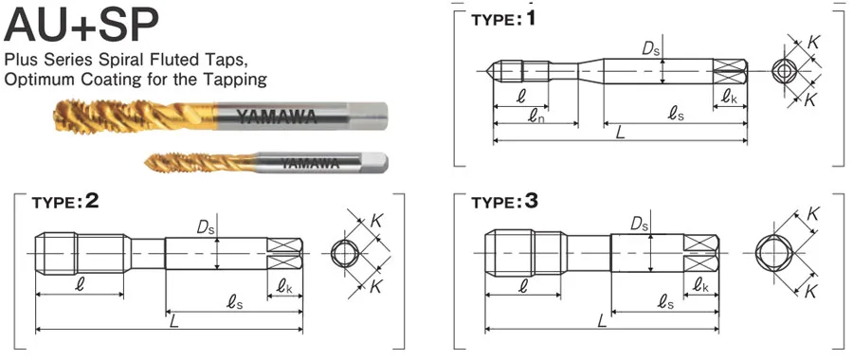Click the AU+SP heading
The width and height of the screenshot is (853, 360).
click(81, 27)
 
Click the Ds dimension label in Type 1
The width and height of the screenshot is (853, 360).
click(649, 48)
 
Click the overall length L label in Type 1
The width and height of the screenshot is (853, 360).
click(620, 134)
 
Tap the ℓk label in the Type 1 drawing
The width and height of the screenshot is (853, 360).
click(728, 96)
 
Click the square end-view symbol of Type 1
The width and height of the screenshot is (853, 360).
click(783, 72)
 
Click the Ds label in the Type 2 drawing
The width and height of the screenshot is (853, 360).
click(204, 228)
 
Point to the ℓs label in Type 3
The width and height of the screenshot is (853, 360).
click(665, 301)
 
